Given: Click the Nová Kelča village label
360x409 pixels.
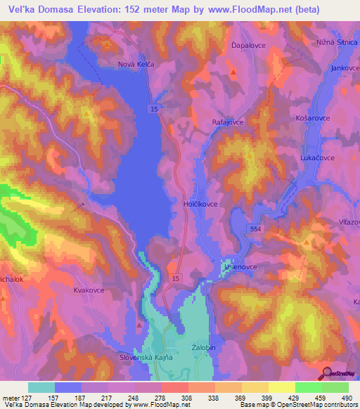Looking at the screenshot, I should point(136,64).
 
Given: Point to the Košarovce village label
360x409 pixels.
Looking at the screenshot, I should point(312,117).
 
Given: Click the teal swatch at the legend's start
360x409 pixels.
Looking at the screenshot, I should point(41,387).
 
